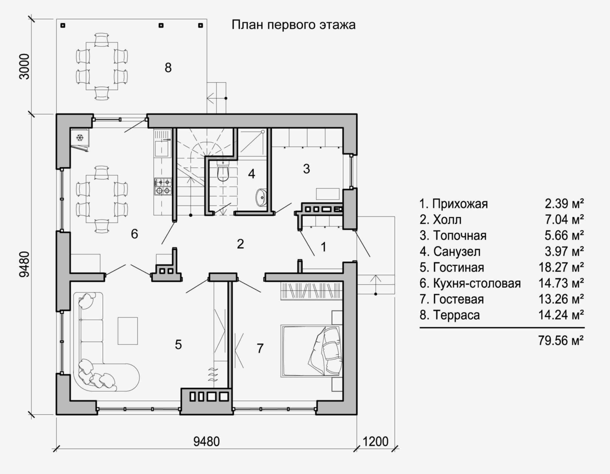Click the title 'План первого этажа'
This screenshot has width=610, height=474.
click(294, 25)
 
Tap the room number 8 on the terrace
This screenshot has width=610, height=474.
click(168, 68)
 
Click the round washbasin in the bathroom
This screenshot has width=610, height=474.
click(261, 198)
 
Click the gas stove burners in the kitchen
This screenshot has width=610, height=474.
click(163, 186)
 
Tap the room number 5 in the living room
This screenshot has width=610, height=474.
click(178, 345)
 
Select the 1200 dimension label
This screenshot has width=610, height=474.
click(375, 442)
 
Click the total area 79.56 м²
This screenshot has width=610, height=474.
click(561, 341)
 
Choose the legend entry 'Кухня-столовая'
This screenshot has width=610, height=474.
click(477, 283)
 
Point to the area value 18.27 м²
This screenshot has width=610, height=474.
click(561, 267)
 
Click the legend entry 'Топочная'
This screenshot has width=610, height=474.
click(460, 236)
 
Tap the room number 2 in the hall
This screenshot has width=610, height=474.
click(240, 244)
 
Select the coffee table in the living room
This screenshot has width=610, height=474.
click(128, 331)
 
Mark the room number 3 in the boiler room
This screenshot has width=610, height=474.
click(306, 169)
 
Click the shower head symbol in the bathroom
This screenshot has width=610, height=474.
click(263, 131)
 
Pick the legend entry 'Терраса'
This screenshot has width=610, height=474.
click(456, 315)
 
